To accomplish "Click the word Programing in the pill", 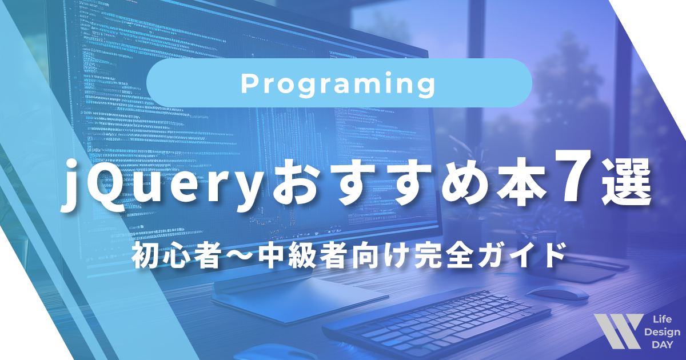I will tap(338, 85).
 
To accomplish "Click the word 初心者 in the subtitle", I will tap(171, 255).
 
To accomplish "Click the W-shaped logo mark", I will tap(617, 331).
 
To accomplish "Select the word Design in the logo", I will tap(661, 332).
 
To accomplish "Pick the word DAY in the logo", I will tap(661, 345).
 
